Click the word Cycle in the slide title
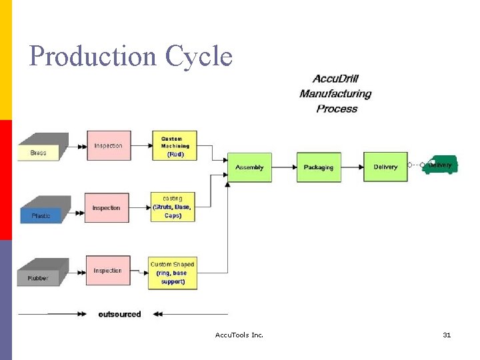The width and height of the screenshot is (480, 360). click(199, 57)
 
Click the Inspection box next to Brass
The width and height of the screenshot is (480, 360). click(108, 146)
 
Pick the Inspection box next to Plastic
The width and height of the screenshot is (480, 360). click(106, 208)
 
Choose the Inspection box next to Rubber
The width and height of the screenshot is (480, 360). click(107, 271)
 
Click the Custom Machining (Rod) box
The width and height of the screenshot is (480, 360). click(175, 146)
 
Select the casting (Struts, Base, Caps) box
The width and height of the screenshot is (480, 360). click(173, 207)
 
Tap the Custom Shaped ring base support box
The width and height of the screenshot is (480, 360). click(172, 273)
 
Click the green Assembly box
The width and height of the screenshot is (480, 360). click(249, 167)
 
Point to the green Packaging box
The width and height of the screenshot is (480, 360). click(318, 167)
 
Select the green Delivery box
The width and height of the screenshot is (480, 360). click(385, 167)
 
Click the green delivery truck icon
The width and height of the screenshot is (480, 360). click(440, 164)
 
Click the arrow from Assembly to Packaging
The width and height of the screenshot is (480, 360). click(284, 167)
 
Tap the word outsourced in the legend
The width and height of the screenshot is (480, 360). click(119, 314)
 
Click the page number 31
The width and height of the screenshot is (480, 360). click(447, 335)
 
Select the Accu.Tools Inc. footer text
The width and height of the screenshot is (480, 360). click(239, 335)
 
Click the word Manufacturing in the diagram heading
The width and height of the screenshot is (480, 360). click(335, 94)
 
